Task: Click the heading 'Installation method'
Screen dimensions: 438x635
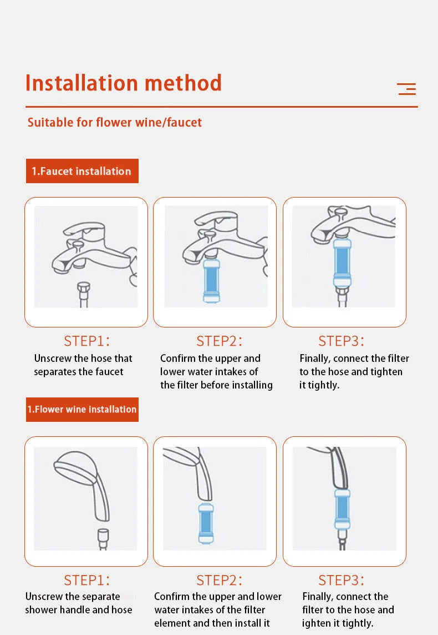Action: click(123, 83)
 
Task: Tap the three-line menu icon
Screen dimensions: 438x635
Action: click(406, 89)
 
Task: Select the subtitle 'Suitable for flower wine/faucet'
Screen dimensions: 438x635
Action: click(114, 122)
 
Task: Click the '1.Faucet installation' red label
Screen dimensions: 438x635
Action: click(82, 171)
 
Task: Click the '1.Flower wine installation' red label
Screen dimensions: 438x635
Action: click(82, 410)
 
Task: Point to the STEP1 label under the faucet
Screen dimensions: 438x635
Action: click(86, 341)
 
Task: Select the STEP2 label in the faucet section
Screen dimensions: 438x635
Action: click(219, 341)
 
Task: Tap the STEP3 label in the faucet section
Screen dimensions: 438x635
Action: click(341, 341)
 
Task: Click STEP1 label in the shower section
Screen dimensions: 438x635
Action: click(86, 581)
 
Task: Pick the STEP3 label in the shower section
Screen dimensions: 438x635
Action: click(341, 581)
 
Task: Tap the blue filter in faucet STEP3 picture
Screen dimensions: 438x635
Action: click(342, 262)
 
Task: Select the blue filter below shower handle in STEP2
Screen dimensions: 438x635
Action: click(206, 523)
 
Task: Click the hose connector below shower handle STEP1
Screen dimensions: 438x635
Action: click(103, 538)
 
